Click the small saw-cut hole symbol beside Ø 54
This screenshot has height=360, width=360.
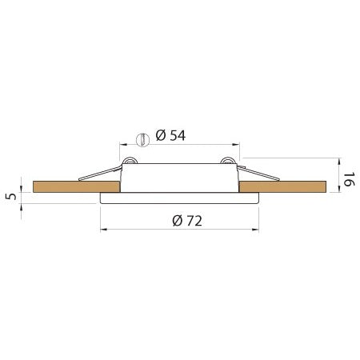(142, 140)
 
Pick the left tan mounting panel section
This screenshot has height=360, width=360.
(76, 187)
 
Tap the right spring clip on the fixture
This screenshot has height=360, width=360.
(257, 172)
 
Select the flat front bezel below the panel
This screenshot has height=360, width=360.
(180, 198)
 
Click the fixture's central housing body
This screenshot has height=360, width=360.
(180, 177)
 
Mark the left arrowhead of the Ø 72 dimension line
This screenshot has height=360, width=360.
(102, 231)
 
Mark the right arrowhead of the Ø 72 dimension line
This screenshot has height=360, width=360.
(258, 231)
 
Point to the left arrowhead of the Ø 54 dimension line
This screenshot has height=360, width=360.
(122, 145)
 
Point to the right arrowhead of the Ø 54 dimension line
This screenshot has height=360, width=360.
(238, 145)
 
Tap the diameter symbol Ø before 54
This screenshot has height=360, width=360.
(161, 136)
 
